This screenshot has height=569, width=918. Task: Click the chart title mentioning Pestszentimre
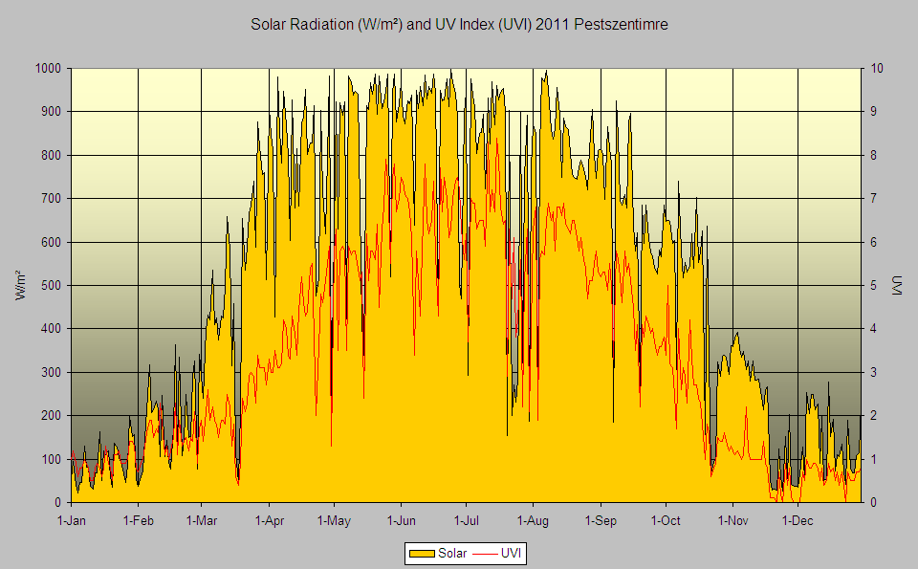tap(459, 25)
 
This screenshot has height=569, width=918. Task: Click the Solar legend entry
tap(438, 553)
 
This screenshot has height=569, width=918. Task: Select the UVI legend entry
tap(496, 553)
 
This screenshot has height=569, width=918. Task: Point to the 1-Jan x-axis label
tap(72, 520)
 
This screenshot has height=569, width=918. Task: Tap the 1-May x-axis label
tap(334, 520)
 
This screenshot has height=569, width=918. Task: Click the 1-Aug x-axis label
tap(533, 520)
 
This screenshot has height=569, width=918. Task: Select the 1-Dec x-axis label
tap(798, 520)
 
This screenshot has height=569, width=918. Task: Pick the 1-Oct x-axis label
tap(666, 520)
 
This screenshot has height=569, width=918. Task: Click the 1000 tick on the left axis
tap(48, 69)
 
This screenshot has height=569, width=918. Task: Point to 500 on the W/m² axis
tap(51, 285)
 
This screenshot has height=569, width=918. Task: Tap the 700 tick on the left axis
tap(51, 199)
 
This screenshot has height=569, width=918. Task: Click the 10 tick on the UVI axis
tap(877, 69)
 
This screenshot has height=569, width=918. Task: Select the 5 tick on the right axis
tap(873, 285)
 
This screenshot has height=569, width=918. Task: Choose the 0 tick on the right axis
tap(873, 502)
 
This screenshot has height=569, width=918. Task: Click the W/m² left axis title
tap(20, 285)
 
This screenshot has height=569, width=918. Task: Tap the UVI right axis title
tap(897, 285)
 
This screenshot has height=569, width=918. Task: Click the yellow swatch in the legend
tap(422, 553)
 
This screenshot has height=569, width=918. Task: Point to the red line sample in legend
tap(484, 553)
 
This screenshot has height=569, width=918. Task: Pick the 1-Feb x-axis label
tap(138, 520)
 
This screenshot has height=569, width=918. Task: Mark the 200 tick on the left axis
tap(51, 416)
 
